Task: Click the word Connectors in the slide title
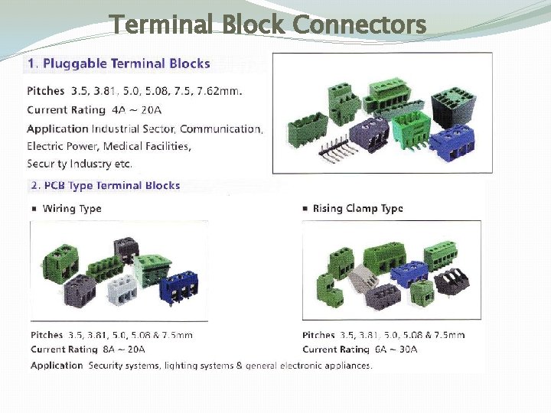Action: click(359, 25)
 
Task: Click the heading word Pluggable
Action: click(77, 63)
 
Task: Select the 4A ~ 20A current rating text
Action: click(138, 109)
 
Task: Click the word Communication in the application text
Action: click(221, 128)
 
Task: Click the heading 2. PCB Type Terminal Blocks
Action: click(106, 185)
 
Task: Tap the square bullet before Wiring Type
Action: click(34, 209)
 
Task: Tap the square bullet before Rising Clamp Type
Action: click(305, 209)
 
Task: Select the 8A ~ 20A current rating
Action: click(123, 350)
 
